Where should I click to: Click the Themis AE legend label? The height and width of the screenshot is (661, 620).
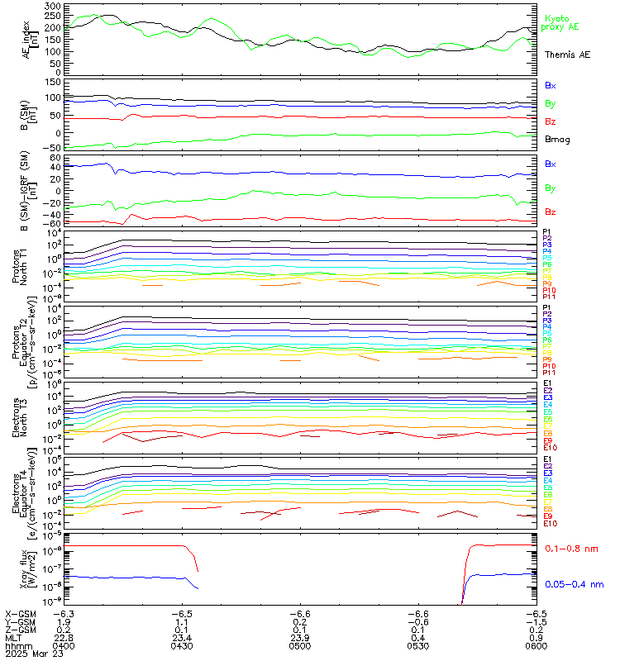[567, 55]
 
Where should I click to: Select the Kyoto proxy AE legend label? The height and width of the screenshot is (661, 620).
[560, 22]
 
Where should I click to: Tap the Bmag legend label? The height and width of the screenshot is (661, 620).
[556, 140]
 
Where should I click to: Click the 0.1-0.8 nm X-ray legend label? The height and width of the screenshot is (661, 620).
[573, 549]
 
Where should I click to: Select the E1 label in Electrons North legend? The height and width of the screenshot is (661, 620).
[548, 383]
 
